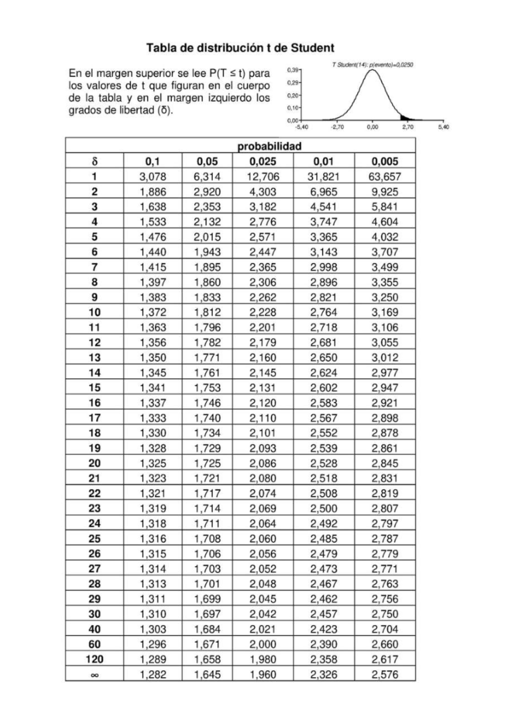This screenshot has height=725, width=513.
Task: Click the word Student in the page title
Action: pyautogui.click(x=313, y=48)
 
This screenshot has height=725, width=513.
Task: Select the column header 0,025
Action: pyautogui.click(x=263, y=162)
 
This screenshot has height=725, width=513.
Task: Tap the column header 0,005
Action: pyautogui.click(x=385, y=162)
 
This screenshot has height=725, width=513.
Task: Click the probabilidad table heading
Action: pyautogui.click(x=269, y=146)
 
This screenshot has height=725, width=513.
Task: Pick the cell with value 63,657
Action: pyautogui.click(x=385, y=177)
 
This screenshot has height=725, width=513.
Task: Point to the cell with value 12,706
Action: pyautogui.click(x=263, y=177)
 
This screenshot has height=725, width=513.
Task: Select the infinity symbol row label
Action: pyautogui.click(x=94, y=675)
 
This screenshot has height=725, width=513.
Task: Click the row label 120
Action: pyautogui.click(x=94, y=660)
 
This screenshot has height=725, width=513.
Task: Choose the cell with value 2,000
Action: pyautogui.click(x=263, y=645)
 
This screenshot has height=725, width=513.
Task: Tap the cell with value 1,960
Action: pyautogui.click(x=263, y=675)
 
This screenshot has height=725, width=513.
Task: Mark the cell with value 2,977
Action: pyautogui.click(x=385, y=373)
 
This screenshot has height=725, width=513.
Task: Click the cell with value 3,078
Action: pyautogui.click(x=153, y=177)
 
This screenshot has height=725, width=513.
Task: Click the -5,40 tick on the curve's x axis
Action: pyautogui.click(x=302, y=127)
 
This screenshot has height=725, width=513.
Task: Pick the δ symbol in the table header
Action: pyautogui.click(x=94, y=162)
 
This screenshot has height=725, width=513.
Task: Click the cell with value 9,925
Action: pyautogui.click(x=385, y=192)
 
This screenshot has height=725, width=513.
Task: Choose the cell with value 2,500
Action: pyautogui.click(x=324, y=509)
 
